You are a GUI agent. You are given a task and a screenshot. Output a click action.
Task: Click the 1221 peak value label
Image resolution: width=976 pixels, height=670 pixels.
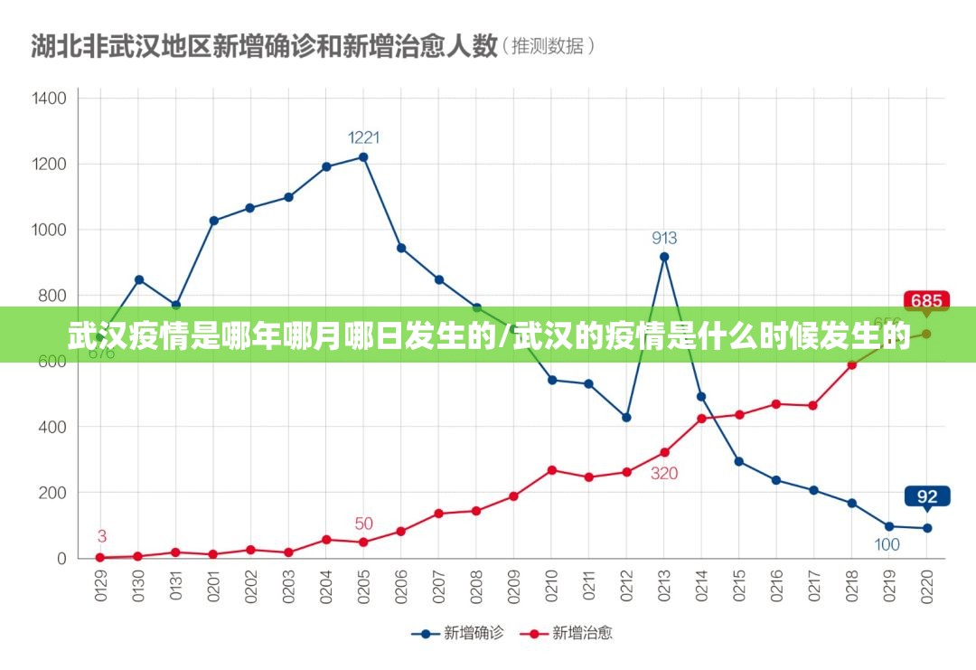pyautogui.click(x=364, y=138)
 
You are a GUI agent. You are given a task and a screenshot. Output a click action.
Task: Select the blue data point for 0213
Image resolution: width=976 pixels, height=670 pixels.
pyautogui.click(x=664, y=257)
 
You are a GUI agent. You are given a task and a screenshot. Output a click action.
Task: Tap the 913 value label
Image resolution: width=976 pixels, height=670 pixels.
pyautogui.click(x=664, y=239)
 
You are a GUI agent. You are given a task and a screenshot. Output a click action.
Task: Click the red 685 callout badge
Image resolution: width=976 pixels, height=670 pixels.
pyautogui.click(x=926, y=301)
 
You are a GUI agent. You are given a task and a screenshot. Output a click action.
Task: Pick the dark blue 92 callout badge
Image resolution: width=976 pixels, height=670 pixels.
pyautogui.click(x=927, y=495)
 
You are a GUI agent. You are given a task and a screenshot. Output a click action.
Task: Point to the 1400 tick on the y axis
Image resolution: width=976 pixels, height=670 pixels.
pyautogui.click(x=49, y=98)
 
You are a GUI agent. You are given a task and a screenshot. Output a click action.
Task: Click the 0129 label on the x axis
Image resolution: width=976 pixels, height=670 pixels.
pyautogui.click(x=100, y=582)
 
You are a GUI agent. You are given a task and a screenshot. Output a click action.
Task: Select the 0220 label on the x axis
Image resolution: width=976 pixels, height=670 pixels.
pyautogui.click(x=927, y=582)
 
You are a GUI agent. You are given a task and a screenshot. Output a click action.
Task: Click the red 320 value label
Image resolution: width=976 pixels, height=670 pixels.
pyautogui.click(x=664, y=473)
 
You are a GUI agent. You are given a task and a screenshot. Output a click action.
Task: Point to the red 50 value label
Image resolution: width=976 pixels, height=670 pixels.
pyautogui.click(x=363, y=524)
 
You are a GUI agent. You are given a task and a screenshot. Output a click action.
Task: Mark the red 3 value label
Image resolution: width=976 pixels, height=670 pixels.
pyautogui.click(x=102, y=536)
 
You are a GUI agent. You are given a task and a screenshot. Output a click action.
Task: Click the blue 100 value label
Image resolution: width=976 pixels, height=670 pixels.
pyautogui.click(x=887, y=544)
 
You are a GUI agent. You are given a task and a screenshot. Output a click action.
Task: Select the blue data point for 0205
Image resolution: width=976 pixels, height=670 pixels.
pyautogui.click(x=363, y=157)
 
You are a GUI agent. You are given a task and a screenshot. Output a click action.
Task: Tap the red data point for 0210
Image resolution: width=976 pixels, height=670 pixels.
pyautogui.click(x=551, y=470)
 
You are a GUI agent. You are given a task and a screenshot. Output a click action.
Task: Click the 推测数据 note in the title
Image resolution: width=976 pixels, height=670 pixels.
pyautogui.click(x=549, y=45)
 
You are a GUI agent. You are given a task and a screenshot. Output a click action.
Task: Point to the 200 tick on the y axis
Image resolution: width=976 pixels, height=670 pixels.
pyautogui.click(x=52, y=493)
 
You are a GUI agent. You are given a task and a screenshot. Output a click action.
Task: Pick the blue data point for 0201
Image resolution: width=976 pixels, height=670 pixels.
pyautogui.click(x=213, y=221)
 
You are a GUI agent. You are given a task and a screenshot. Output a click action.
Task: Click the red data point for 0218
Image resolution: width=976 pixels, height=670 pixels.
pyautogui.click(x=851, y=364)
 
